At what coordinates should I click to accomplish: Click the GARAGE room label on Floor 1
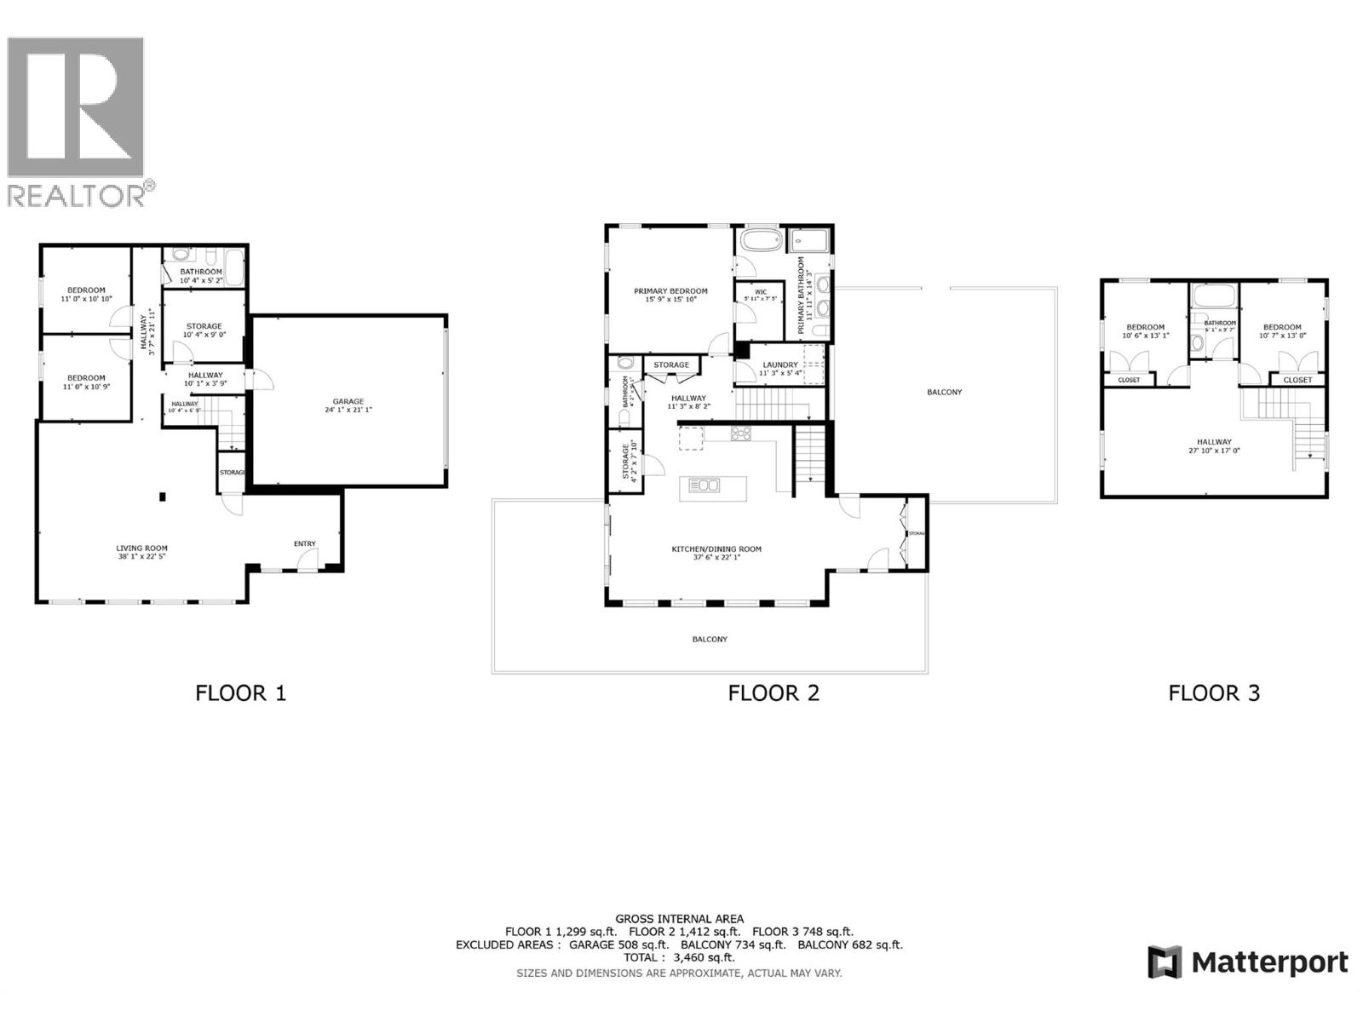[x=348, y=401]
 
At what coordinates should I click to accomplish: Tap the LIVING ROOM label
[x=141, y=548]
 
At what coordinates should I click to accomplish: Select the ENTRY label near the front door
[x=304, y=543]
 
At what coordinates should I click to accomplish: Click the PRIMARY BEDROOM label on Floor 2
[x=670, y=291]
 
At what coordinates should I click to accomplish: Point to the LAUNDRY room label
[x=780, y=365]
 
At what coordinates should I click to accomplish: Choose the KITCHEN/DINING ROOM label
[x=716, y=549]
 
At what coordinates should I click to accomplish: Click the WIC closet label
[x=761, y=292]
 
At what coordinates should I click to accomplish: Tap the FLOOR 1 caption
[x=240, y=693]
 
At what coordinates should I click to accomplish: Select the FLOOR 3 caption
[x=1213, y=693]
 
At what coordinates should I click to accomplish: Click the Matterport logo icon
[x=1165, y=962]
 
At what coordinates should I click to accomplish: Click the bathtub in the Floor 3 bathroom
[x=1213, y=296]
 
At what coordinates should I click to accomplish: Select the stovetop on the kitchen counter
[x=740, y=433]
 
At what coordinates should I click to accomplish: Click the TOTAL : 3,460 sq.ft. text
[x=679, y=957]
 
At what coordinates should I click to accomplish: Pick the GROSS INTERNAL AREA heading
[x=679, y=919]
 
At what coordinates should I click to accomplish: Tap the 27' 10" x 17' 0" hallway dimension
[x=1213, y=451]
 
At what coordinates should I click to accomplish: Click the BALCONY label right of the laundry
[x=944, y=393]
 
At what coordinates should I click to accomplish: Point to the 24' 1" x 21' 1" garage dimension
[x=348, y=410]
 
